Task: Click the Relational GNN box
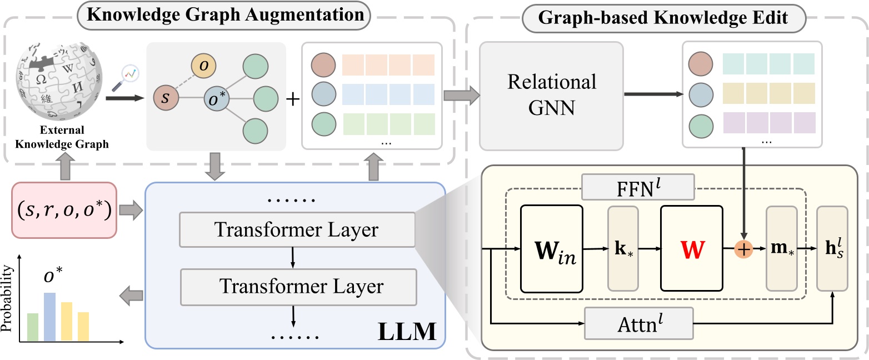(x=551, y=95)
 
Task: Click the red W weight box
(x=691, y=249)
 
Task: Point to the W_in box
(x=551, y=249)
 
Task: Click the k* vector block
(x=624, y=249)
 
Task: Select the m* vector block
(x=782, y=249)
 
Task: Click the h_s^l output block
(x=832, y=249)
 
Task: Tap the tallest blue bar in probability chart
(x=49, y=317)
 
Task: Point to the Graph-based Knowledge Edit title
(x=665, y=17)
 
